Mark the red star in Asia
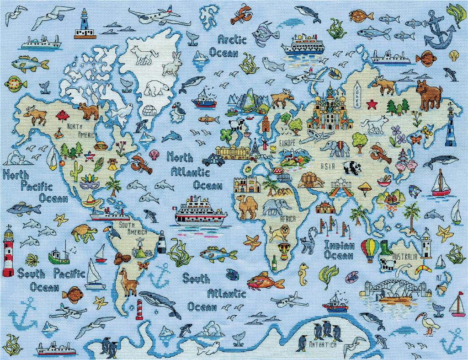(371, 104)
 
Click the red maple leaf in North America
(62, 115)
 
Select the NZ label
(439, 278)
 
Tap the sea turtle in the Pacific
(84, 232)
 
